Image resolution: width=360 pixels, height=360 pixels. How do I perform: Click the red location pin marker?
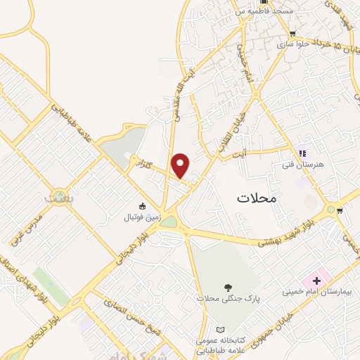pyautogui.click(x=181, y=165)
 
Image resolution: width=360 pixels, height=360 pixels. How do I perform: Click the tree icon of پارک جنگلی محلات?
pyautogui.click(x=227, y=287)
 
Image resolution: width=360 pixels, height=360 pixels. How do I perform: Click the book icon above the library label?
pyautogui.click(x=220, y=329)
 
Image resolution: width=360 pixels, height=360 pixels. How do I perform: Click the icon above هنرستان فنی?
pyautogui.click(x=302, y=153)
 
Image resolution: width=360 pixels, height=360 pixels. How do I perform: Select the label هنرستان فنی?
pyautogui.click(x=303, y=164)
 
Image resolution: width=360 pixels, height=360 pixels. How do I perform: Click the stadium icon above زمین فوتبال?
pyautogui.click(x=143, y=206)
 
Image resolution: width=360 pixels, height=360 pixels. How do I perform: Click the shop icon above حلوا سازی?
pyautogui.click(x=292, y=33)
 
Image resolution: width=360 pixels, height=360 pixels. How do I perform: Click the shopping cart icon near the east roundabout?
pyautogui.click(x=340, y=210)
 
